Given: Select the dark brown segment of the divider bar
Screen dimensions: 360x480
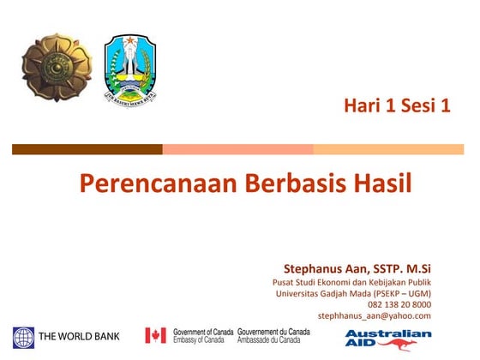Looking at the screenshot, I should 87,149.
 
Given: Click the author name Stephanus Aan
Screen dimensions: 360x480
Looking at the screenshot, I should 325,267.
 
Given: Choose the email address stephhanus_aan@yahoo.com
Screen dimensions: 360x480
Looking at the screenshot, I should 375,315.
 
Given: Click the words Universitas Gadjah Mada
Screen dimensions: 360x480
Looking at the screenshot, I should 329,293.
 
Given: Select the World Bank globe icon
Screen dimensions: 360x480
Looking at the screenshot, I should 23,335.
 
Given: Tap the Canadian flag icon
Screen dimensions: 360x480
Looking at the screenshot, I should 155,335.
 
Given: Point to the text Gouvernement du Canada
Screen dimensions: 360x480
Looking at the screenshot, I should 274,331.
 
